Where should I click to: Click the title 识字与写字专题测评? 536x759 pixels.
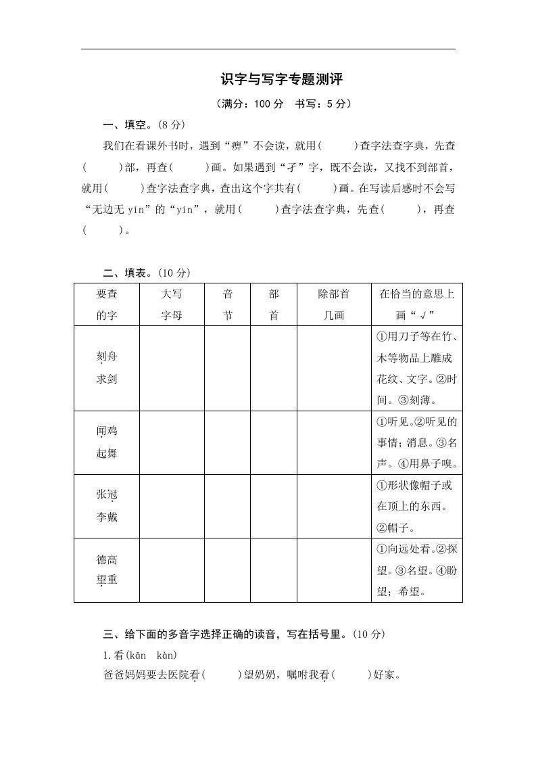click(x=282, y=80)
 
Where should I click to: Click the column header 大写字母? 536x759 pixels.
click(x=172, y=304)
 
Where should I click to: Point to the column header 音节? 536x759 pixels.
click(x=228, y=304)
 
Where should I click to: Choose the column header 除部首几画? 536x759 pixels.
click(x=334, y=304)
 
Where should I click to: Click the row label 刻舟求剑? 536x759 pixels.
click(x=107, y=368)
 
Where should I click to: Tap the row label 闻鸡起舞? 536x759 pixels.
click(x=107, y=442)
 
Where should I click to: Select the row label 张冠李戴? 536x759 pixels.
click(x=107, y=506)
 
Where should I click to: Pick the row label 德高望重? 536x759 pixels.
click(x=107, y=570)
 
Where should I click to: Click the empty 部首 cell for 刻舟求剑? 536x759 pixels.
click(x=274, y=368)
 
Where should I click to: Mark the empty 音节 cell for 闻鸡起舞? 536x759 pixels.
click(x=228, y=442)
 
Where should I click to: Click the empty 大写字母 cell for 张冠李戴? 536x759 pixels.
click(x=172, y=506)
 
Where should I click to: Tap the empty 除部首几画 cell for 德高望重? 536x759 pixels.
click(x=334, y=570)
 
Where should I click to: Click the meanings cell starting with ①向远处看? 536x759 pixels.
click(x=416, y=570)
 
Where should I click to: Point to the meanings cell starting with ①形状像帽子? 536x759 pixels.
click(x=416, y=506)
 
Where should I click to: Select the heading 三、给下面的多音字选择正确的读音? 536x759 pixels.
click(x=244, y=634)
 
